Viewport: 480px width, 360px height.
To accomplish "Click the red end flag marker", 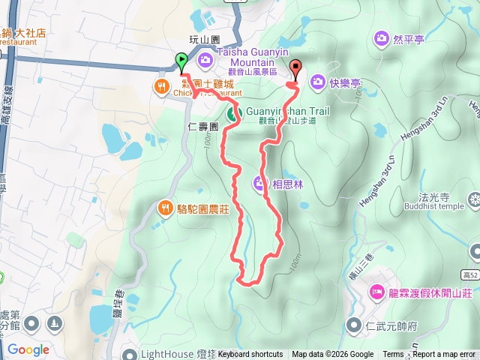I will (x=294, y=70).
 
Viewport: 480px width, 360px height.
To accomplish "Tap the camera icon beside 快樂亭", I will (x=317, y=81).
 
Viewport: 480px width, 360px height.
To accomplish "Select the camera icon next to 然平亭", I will (x=382, y=37).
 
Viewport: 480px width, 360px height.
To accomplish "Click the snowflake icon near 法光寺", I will (x=474, y=200).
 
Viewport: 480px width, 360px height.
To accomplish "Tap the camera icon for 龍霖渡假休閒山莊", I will (x=377, y=291).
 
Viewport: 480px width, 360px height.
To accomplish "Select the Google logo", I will (x=28, y=349).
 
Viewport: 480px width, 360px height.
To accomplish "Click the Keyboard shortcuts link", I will (x=250, y=355).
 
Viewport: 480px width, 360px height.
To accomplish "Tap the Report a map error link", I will (x=445, y=355).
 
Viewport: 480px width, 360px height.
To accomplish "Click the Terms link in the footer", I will (x=393, y=355).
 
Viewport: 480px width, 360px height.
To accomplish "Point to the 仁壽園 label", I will (x=203, y=127).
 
